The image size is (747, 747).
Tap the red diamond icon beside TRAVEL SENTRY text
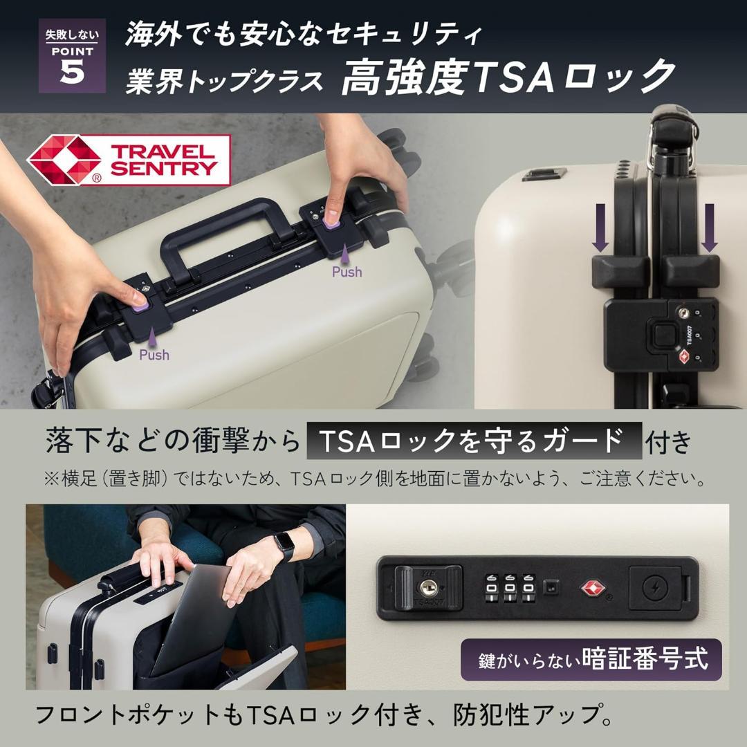(x=64, y=160)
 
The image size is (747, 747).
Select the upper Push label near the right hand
(x=347, y=272)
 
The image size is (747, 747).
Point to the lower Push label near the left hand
(x=154, y=355)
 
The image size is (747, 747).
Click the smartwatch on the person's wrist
(x=284, y=547)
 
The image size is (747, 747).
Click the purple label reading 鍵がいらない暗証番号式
(x=591, y=659)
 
